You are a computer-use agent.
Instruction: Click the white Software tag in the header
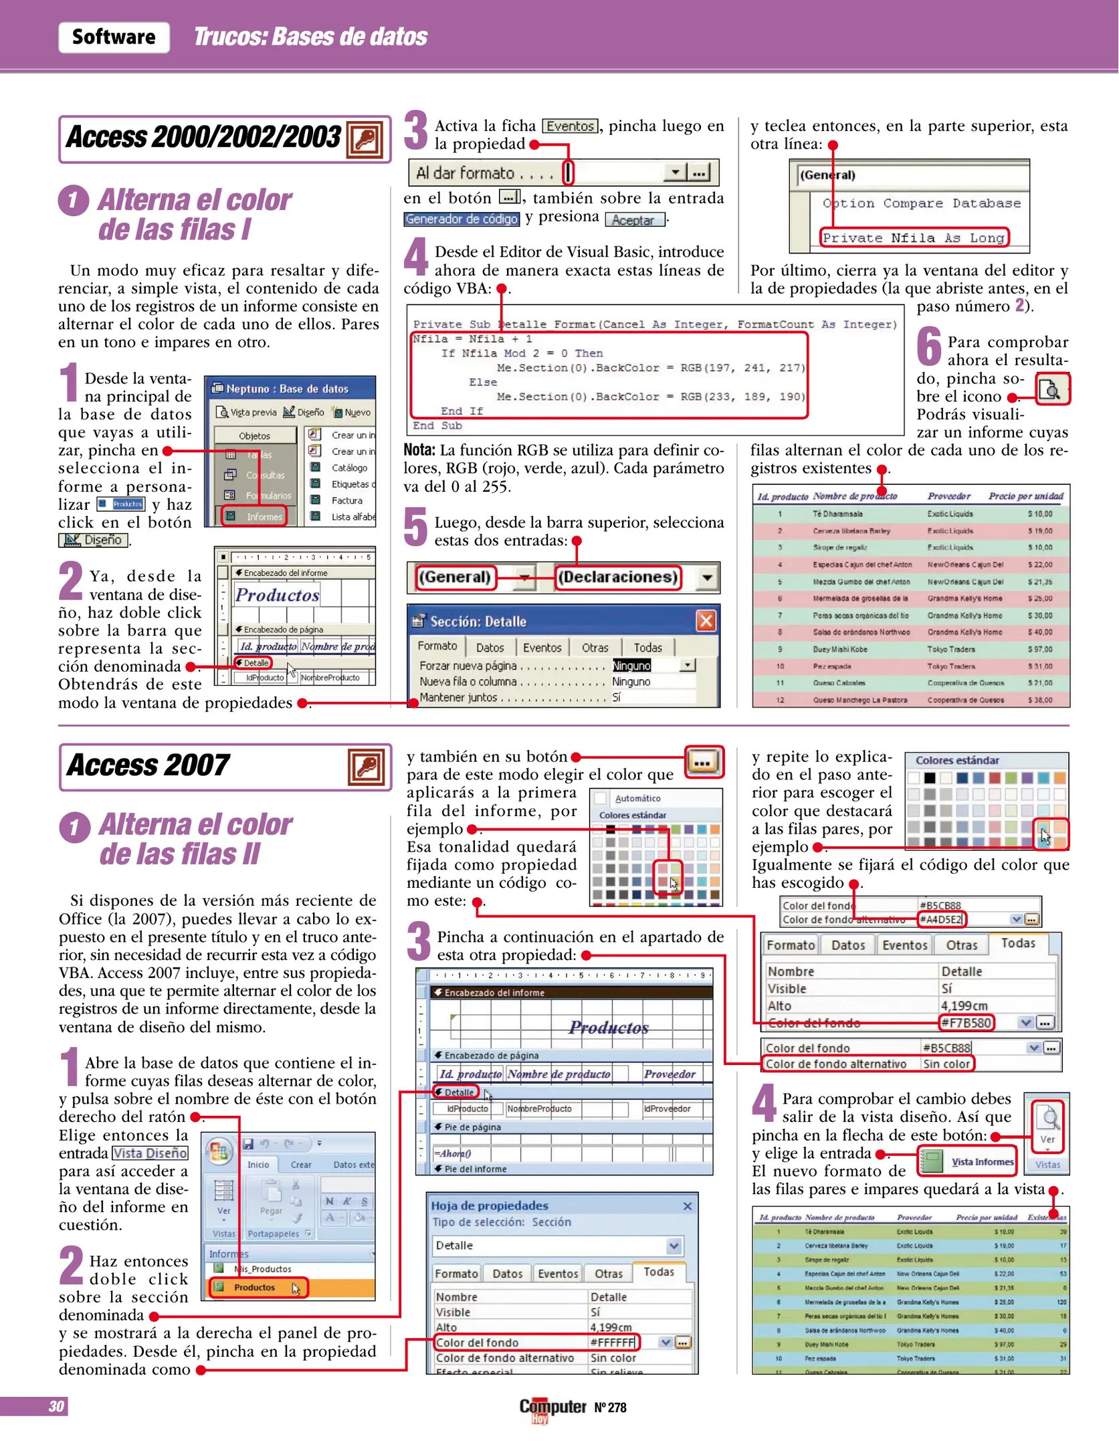coord(114,37)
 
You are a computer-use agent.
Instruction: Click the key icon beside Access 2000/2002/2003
coord(365,138)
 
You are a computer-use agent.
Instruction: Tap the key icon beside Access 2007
coord(367,767)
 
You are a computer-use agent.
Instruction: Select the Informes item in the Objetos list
coord(255,516)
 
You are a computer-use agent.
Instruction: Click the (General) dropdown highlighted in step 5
coord(455,577)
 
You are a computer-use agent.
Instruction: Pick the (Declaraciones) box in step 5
coord(618,577)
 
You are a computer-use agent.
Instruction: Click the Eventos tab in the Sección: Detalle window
coord(542,648)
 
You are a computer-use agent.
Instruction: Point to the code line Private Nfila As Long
coord(914,237)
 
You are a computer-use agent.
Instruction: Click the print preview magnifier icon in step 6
coord(1052,389)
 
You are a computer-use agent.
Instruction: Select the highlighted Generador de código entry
coord(462,219)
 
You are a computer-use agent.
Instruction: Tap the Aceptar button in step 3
coord(633,219)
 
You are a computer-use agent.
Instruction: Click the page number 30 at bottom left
coord(56,1406)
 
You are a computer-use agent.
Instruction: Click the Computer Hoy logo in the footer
coord(552,1408)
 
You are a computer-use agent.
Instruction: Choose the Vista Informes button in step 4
coord(968,1162)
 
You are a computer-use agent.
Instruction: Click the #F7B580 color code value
coord(967,1022)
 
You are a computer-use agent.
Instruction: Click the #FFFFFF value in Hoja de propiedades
coord(612,1342)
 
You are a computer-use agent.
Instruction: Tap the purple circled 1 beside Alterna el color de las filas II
coord(74,828)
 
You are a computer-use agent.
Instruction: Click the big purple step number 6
coord(928,347)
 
